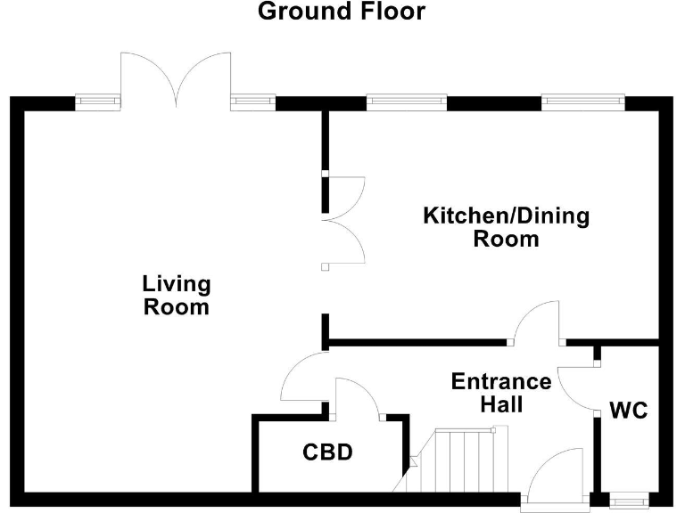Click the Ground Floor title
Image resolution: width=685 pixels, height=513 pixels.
pos(342,12)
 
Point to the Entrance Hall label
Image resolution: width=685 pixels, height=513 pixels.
pos(501,393)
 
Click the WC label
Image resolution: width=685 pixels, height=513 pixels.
pos(629,411)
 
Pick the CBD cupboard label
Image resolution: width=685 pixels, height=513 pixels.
pos(327,452)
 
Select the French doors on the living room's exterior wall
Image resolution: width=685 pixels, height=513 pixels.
pos(177,77)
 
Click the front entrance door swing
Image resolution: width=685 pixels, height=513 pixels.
pos(557,476)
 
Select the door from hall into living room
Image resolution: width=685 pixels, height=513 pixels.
pos(302,378)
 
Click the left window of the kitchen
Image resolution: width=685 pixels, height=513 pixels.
pos(406,102)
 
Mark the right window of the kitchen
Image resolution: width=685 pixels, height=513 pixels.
pos(584,102)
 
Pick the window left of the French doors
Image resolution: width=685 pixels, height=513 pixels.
pos(97,102)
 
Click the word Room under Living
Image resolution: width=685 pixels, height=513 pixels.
pos(177,307)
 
